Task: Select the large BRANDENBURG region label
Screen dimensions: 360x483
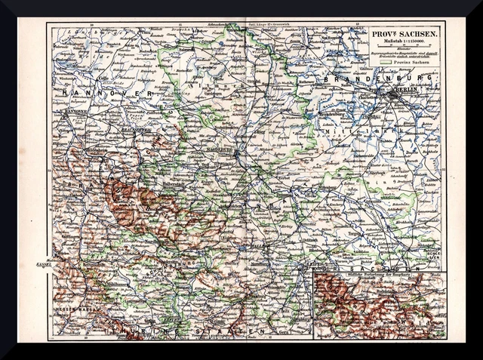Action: pyautogui.click(x=377, y=78)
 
